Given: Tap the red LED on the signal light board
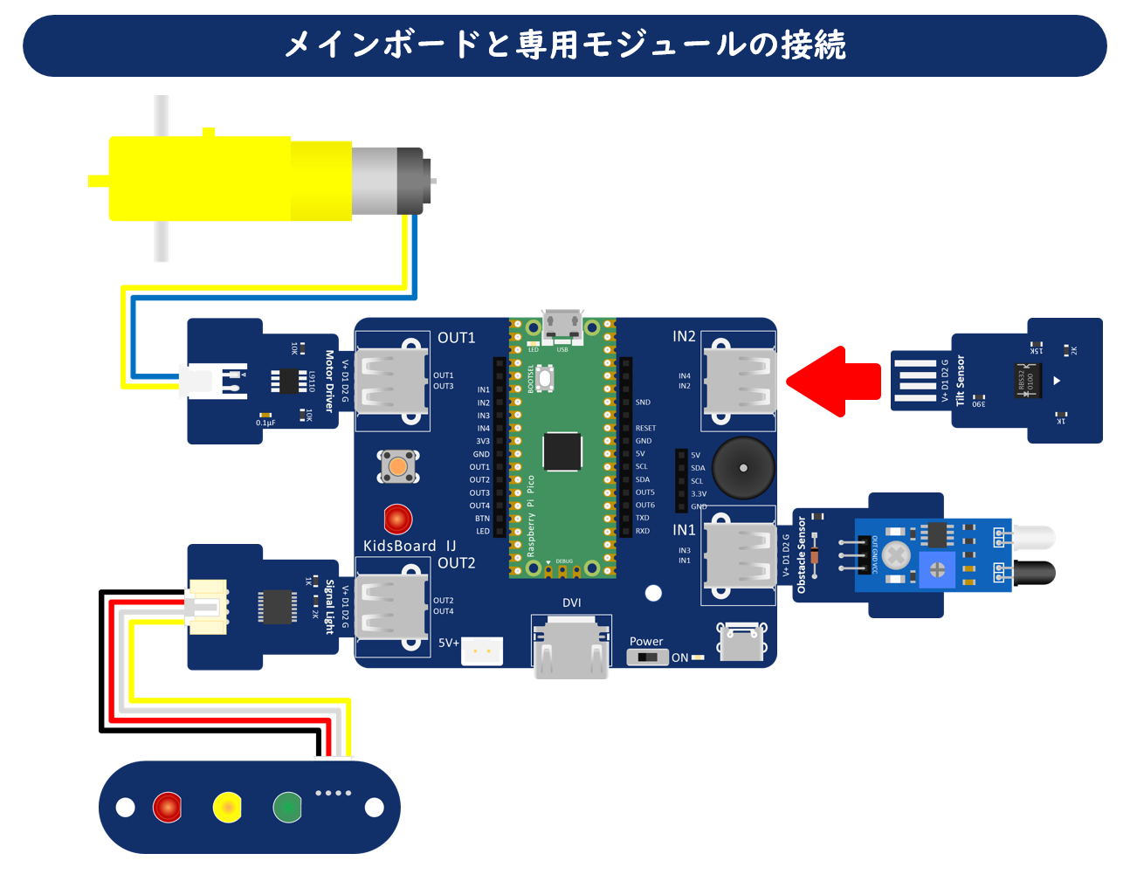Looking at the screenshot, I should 167,808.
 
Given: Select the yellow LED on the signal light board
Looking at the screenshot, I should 227,808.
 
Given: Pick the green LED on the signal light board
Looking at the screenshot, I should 287,808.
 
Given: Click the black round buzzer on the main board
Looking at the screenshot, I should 743,468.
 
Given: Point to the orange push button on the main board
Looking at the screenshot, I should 398,467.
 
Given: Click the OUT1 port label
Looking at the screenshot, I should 456,338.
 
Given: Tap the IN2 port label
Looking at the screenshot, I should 684,337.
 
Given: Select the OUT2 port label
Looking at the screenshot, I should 456,563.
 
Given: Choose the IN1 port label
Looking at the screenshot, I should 684,530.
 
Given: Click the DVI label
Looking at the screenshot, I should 572,602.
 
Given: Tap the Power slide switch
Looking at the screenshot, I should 647,657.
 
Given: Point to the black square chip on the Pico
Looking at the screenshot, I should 562,451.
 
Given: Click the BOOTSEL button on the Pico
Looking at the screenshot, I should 545,379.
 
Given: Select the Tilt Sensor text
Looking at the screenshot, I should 961,381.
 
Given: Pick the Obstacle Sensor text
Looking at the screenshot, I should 802,555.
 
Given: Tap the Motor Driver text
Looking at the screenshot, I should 329,381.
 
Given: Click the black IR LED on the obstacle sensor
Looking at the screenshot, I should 1034,574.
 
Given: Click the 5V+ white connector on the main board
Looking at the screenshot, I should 482,650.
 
